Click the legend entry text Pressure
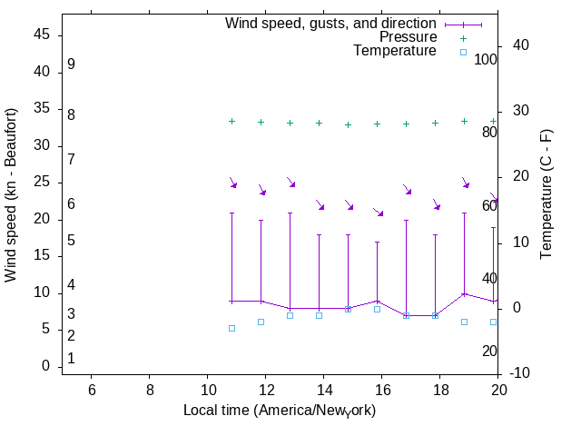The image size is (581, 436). [408, 37]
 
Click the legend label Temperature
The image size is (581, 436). [395, 51]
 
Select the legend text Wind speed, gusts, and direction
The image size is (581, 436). [331, 24]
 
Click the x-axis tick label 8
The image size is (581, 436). [150, 390]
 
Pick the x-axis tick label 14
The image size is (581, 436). [324, 390]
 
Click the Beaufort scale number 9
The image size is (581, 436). [71, 65]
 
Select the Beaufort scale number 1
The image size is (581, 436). [71, 359]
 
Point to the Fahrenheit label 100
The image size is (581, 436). [486, 59]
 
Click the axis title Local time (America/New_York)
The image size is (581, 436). [280, 411]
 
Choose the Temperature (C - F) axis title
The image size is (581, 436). [547, 193]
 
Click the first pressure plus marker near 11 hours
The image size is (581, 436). [231, 121]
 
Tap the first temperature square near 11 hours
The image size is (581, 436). [231, 328]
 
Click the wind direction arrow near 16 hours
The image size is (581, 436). [378, 212]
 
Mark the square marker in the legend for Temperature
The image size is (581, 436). [463, 52]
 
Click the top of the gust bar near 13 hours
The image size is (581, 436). [290, 213]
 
